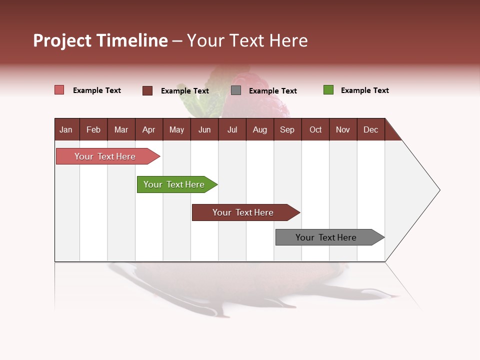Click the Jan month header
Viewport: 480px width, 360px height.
[66, 130]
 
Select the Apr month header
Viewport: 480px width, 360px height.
[148, 130]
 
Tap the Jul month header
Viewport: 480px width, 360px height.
[232, 130]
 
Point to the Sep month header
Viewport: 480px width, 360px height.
[287, 130]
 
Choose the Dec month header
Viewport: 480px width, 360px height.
[370, 130]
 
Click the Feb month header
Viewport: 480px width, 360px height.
[93, 130]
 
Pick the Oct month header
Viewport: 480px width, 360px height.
[315, 130]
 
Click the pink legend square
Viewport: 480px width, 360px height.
[59, 90]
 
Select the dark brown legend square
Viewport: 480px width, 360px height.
[147, 90]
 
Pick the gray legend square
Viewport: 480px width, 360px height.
[236, 90]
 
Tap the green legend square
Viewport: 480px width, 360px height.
[328, 90]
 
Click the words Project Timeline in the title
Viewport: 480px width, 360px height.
[100, 40]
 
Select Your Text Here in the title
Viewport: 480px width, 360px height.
[247, 40]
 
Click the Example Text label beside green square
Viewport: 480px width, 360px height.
[364, 90]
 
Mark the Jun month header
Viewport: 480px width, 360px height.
[204, 130]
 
